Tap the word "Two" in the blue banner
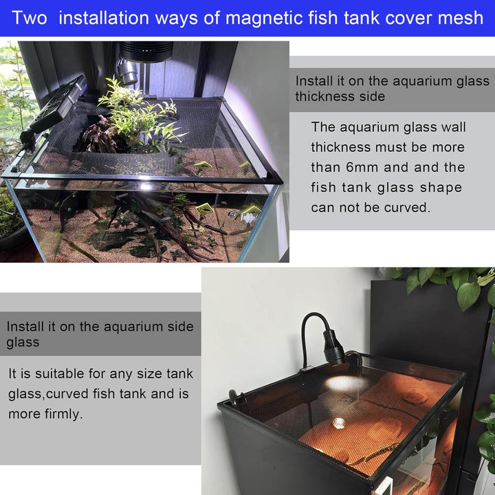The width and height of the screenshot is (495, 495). coord(30,17)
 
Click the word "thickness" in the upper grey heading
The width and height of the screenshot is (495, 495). coord(326,96)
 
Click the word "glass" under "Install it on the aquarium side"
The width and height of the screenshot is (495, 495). coord(23,342)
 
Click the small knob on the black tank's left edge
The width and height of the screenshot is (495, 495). coord(234,397)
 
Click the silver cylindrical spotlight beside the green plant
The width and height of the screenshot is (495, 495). coord(126,71)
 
